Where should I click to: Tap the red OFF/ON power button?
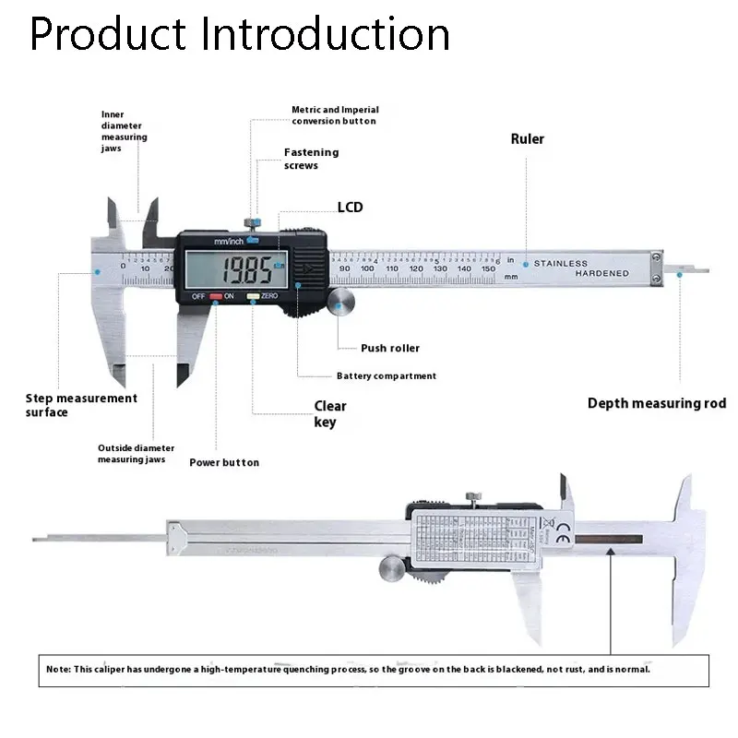[215, 297]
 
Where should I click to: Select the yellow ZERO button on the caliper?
[252, 297]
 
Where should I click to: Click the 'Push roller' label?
[389, 348]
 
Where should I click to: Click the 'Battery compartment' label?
[386, 375]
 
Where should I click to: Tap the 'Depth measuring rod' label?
[657, 403]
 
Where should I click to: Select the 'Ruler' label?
[528, 139]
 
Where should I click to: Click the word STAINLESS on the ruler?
[560, 264]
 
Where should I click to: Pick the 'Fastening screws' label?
[311, 159]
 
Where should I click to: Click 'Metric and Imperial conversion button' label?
[334, 115]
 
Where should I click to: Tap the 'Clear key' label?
[329, 414]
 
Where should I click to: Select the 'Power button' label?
[224, 462]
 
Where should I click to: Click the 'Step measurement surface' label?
[80, 405]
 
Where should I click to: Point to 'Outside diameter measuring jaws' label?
[136, 453]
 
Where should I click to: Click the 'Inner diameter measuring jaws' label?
[124, 131]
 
